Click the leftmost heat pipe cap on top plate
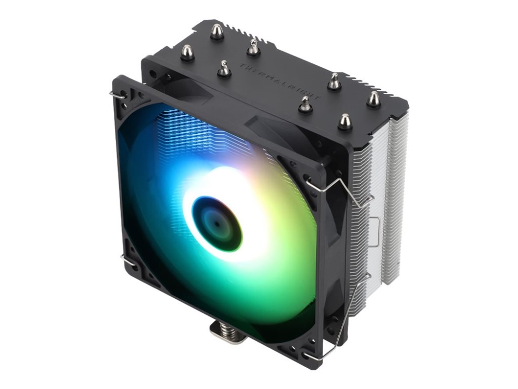(x=188, y=52)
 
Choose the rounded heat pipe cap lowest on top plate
(x=345, y=122)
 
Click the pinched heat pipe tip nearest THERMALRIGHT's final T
(x=306, y=104)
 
